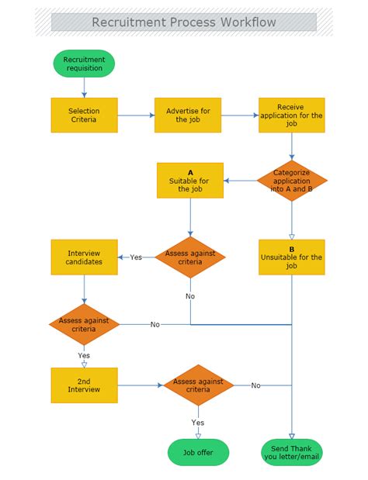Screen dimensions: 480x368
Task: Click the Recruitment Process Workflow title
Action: coord(184,22)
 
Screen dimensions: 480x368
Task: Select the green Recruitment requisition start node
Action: coord(84,64)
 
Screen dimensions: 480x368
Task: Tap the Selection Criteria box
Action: coord(84,116)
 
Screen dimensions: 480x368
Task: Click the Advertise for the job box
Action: coord(188,116)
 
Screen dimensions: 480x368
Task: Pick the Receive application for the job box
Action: coord(291,116)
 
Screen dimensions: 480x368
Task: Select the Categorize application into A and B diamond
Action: coord(292,181)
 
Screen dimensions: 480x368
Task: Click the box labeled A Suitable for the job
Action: coord(189,181)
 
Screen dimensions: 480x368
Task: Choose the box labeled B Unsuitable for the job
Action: coord(292,257)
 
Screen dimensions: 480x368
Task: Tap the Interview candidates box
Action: coord(84,257)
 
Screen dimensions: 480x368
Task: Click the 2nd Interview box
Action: coord(84,385)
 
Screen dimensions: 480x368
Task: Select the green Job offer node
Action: coord(198,452)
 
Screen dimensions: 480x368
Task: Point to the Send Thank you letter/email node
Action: coord(292,452)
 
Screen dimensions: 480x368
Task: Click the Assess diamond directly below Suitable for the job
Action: coord(190,257)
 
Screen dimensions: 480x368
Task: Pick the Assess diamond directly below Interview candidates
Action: coord(84,324)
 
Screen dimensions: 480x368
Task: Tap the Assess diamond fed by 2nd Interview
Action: coord(198,385)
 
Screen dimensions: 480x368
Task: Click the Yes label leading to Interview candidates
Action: coord(136,257)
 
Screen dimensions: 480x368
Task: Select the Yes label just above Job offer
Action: coord(198,423)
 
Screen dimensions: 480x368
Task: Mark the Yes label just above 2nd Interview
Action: coord(84,356)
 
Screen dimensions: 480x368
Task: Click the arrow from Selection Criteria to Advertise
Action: coord(136,116)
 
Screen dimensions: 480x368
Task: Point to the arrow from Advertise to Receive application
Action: coord(239,116)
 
